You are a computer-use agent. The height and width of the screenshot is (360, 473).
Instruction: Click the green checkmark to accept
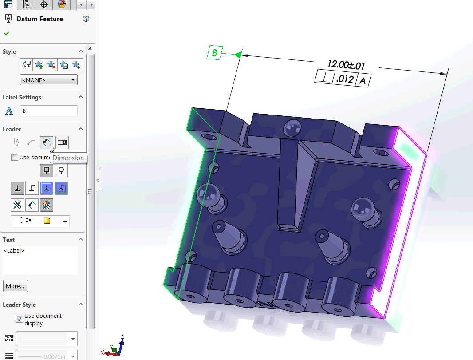(x=7, y=33)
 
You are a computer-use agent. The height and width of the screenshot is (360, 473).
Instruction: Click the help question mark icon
(x=86, y=19)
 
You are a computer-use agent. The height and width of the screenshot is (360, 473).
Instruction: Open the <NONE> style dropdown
(x=49, y=80)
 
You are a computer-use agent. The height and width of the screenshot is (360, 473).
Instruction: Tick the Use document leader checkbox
(x=15, y=157)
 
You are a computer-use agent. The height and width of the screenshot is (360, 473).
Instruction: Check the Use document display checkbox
(x=20, y=319)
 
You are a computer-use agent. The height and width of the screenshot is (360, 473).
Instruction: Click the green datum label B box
(x=214, y=53)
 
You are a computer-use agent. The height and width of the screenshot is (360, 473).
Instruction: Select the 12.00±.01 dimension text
(x=346, y=65)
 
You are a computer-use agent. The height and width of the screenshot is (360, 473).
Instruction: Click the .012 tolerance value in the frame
(x=345, y=79)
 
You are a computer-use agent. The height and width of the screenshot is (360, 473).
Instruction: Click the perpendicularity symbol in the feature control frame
(x=324, y=78)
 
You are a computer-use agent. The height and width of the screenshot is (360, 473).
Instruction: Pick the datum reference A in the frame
(x=363, y=81)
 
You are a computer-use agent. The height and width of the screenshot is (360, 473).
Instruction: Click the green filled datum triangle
(x=237, y=55)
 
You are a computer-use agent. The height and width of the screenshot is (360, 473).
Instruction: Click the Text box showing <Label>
(x=40, y=260)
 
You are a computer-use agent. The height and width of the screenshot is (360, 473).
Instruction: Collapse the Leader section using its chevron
(x=81, y=129)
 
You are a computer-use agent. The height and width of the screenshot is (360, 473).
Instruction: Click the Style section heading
(x=9, y=51)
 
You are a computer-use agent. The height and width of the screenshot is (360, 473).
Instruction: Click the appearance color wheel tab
(x=61, y=5)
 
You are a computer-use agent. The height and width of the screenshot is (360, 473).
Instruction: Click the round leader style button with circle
(x=61, y=170)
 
